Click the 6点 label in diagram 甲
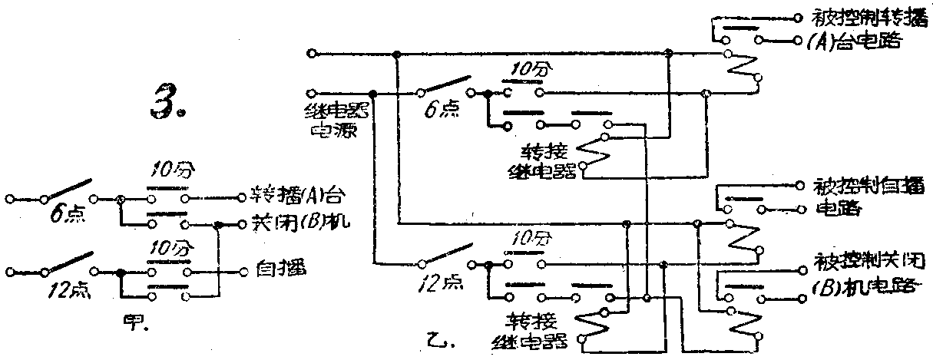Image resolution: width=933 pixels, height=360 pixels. tap(64, 216)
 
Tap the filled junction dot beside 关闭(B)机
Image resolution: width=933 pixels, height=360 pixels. tap(219, 226)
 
